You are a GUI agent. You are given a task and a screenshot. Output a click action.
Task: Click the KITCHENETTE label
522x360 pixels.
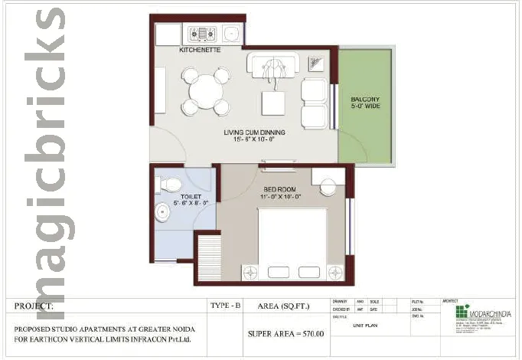coord(200,50)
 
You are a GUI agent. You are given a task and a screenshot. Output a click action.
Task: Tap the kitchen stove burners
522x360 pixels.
coord(204,34)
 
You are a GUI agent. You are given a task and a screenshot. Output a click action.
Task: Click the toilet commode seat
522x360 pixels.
coord(171,185)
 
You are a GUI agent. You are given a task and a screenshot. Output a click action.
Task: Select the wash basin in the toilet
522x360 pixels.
coord(162,211)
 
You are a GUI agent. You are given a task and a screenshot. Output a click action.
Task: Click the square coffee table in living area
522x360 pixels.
coord(273,102)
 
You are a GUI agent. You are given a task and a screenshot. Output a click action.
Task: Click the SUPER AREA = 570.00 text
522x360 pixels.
coord(285,333)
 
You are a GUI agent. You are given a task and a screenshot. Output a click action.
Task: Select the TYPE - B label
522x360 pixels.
coord(225,306)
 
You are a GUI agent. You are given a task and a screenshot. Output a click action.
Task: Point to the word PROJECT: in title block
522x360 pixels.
coord(34,306)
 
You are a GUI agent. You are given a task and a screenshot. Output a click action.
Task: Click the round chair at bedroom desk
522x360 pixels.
coord(329,187)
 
